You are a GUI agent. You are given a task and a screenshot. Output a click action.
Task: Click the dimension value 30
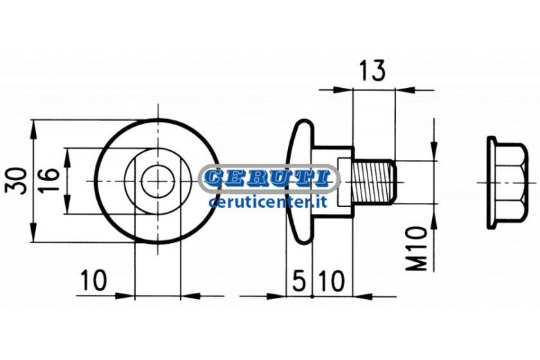pos(16,181)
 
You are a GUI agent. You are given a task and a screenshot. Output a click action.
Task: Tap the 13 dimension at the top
pos(372,71)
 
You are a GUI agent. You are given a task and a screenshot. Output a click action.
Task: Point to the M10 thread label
pos(416,248)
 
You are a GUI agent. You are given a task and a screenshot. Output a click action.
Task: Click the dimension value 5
pos(298,280)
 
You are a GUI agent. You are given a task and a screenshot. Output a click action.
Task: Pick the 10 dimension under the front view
pos(93,280)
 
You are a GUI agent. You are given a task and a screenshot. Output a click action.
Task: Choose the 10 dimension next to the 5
pos(331,280)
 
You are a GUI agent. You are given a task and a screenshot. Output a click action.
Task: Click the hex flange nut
pos(507,183)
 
